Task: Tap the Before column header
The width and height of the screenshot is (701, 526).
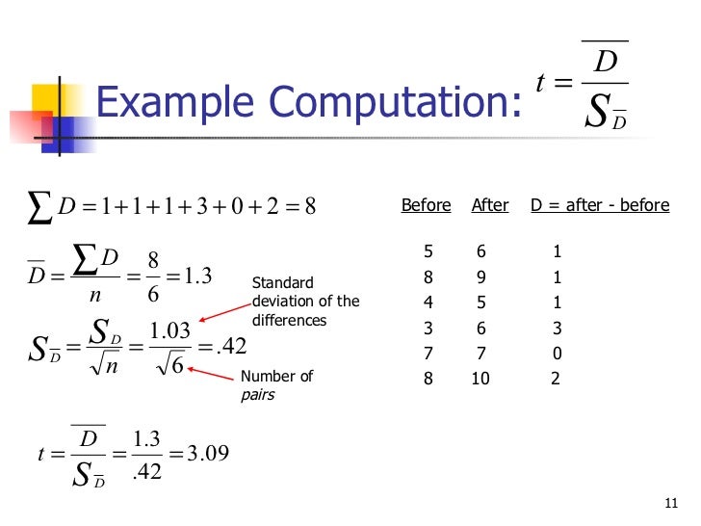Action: [x=426, y=205]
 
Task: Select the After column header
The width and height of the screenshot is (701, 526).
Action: [x=490, y=205]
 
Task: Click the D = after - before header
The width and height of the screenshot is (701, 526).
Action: [x=600, y=205]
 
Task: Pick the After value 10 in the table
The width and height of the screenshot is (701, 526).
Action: [x=480, y=379]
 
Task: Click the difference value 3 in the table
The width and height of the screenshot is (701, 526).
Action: [x=557, y=329]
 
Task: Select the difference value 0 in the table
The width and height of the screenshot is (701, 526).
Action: [x=557, y=354]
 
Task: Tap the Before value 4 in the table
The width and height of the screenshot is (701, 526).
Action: [x=428, y=303]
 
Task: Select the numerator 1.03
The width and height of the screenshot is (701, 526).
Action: [x=169, y=331]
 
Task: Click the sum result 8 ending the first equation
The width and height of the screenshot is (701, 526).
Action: [x=310, y=205]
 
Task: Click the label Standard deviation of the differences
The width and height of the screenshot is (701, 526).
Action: [x=305, y=302]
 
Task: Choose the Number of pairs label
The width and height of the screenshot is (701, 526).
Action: [x=276, y=385]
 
